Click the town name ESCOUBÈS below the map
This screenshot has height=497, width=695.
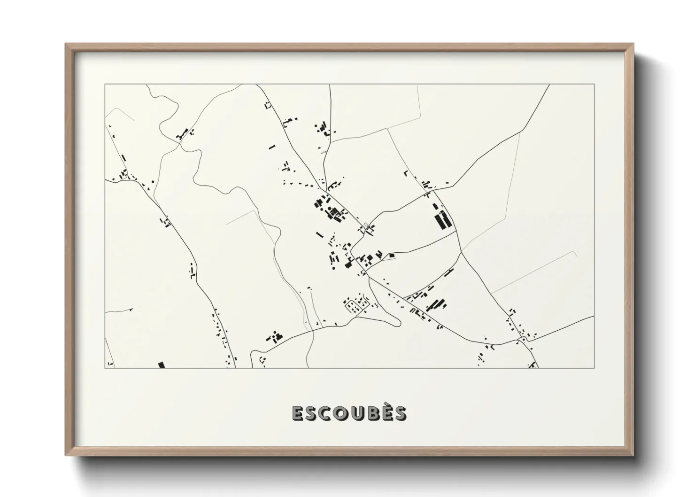[x=349, y=413]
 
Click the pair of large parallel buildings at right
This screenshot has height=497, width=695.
[x=442, y=219]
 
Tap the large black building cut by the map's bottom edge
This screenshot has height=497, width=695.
[x=161, y=365]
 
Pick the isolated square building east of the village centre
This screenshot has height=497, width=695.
[x=391, y=255]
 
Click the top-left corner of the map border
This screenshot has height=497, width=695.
[x=105, y=84]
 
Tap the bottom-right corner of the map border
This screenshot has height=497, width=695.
[x=594, y=368]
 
